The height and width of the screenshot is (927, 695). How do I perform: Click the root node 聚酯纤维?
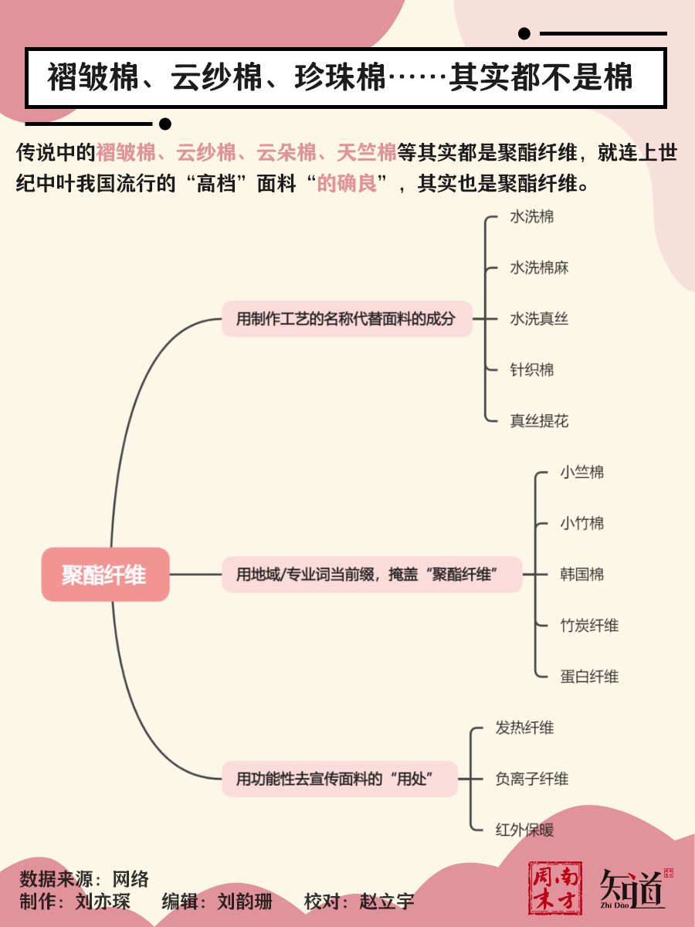click(x=105, y=575)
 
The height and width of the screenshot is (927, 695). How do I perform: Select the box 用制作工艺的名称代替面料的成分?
click(x=346, y=318)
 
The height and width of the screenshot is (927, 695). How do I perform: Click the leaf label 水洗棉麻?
click(x=539, y=268)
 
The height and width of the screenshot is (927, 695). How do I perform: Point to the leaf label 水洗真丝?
click(x=539, y=319)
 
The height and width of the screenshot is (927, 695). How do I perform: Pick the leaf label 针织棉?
click(x=532, y=370)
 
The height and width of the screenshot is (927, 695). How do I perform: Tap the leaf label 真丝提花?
click(x=539, y=421)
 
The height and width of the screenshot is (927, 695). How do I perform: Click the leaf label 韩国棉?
click(x=582, y=575)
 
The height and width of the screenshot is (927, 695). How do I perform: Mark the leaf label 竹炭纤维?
click(x=589, y=626)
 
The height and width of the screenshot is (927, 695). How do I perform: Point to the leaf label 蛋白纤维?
click(x=589, y=677)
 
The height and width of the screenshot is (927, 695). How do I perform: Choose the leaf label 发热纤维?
click(x=524, y=728)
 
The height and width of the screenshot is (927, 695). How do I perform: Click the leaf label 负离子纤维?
click(x=531, y=779)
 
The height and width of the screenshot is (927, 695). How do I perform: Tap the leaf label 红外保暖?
click(x=524, y=830)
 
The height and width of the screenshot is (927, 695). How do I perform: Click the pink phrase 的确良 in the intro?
click(x=347, y=185)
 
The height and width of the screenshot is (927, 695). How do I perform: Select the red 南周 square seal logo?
click(x=554, y=888)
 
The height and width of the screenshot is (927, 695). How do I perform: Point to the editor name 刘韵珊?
click(x=245, y=902)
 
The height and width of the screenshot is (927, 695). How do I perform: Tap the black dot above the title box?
click(x=524, y=33)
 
